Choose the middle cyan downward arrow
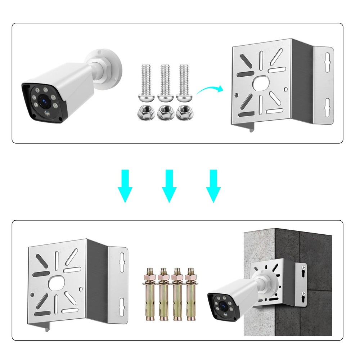(x=169, y=186)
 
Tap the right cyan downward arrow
(x=213, y=186)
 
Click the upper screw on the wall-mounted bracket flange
(x=303, y=268)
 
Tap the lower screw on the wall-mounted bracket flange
(x=303, y=293)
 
